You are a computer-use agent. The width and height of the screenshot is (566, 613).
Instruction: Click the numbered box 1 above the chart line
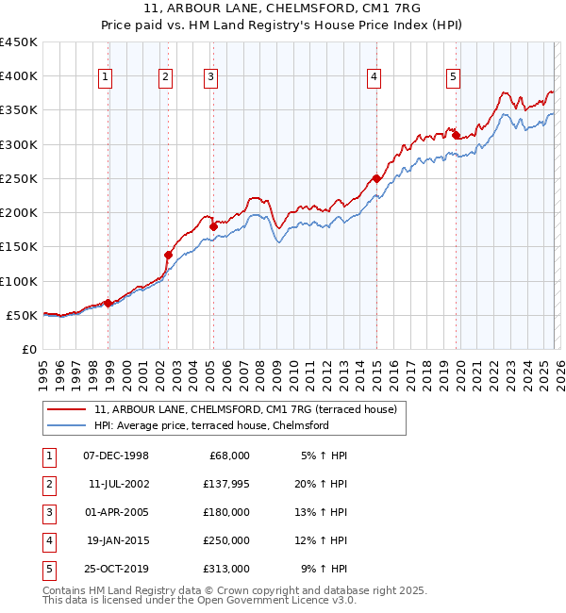coord(105,77)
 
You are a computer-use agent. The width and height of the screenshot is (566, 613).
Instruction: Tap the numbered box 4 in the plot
coord(375,77)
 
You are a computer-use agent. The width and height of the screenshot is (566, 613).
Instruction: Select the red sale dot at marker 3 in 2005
coord(213,226)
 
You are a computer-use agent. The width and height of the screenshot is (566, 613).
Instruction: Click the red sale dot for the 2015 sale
coord(376,178)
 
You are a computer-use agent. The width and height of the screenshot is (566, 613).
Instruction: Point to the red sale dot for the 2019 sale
coord(456,135)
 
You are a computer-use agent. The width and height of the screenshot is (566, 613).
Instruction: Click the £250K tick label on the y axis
coord(19,178)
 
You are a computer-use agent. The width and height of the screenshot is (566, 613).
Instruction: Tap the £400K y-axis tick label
coord(19,76)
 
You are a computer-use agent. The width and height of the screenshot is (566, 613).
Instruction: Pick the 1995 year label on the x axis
coord(43,368)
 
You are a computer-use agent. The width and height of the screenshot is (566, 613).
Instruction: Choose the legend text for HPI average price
coord(210,425)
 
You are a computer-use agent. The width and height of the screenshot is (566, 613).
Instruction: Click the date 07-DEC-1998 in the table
coord(116,456)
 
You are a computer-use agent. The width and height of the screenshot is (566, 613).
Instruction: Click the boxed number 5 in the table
coord(48,569)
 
